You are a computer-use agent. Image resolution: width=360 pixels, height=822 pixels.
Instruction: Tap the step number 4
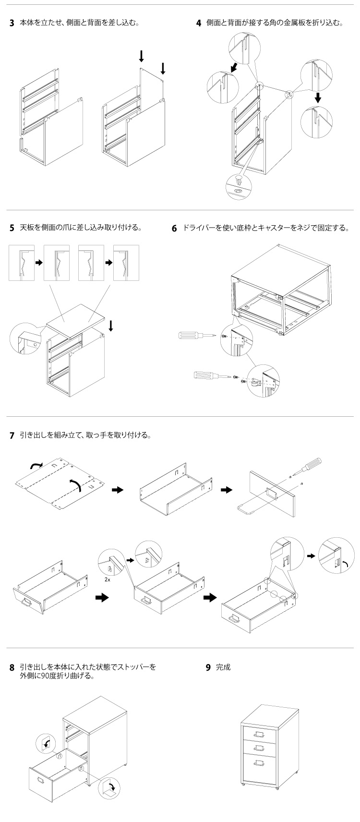click(x=198, y=23)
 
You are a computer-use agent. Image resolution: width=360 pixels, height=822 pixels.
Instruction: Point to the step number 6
click(x=175, y=228)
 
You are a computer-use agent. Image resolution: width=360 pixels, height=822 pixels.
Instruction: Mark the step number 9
click(x=208, y=667)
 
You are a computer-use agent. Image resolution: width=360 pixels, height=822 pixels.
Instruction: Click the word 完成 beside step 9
click(x=223, y=667)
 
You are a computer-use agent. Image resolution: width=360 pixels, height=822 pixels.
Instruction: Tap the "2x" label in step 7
click(x=108, y=580)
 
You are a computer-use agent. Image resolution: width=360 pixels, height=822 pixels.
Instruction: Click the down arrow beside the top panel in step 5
click(x=111, y=326)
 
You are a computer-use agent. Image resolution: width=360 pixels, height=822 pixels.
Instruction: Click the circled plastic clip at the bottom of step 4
click(x=239, y=185)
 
